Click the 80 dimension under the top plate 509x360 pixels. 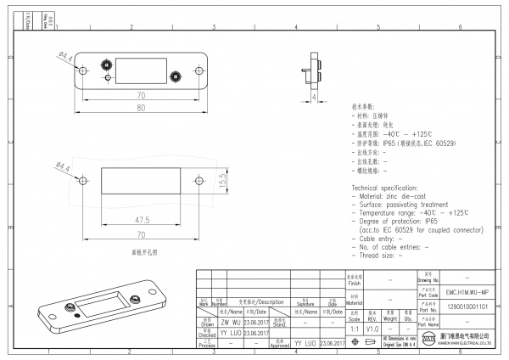click(x=139, y=108)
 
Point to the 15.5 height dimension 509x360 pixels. click(x=223, y=180)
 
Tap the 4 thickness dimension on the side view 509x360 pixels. click(x=315, y=98)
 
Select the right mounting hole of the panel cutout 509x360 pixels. click(x=199, y=180)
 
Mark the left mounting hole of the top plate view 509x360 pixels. click(x=84, y=70)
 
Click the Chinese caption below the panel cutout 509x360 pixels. click(x=143, y=252)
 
